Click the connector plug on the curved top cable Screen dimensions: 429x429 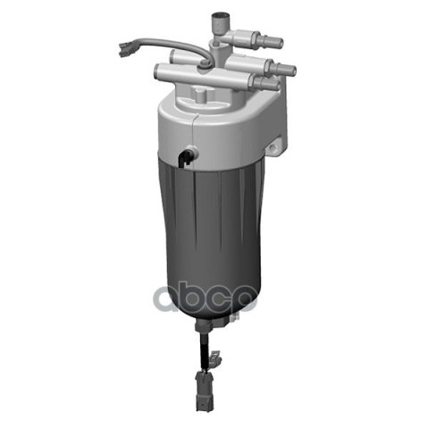pyautogui.click(x=126, y=48)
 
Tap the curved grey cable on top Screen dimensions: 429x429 pyautogui.click(x=167, y=42)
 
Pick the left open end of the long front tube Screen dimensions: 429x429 pyautogui.click(x=158, y=71)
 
